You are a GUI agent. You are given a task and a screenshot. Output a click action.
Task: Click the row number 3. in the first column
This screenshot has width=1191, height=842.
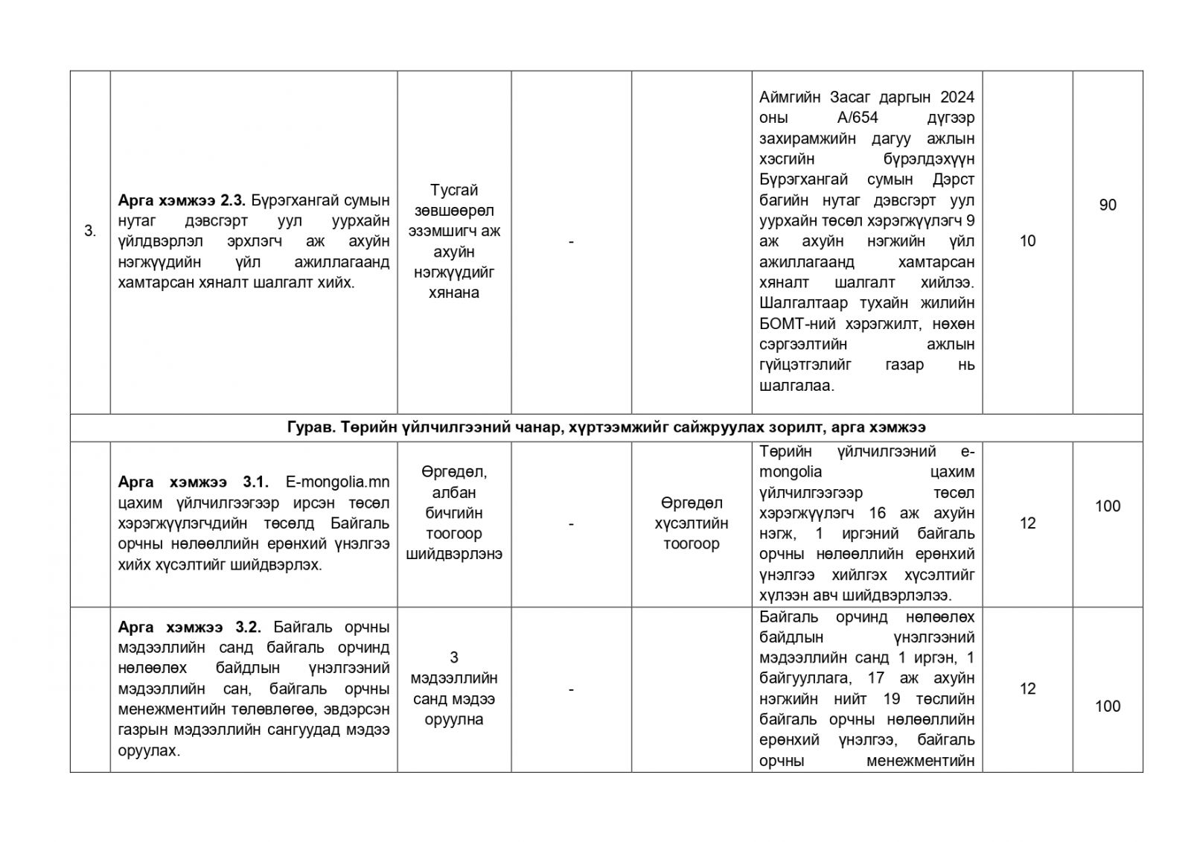point(90,232)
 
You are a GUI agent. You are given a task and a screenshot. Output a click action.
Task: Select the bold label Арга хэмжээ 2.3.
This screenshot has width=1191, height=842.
point(182,200)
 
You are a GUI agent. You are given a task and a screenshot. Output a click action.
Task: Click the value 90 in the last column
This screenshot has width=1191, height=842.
point(1107,205)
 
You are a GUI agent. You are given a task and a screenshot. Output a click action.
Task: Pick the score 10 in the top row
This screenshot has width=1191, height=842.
point(1027,241)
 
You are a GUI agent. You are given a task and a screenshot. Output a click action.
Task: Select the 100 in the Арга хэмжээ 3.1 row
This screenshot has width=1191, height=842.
point(1107,506)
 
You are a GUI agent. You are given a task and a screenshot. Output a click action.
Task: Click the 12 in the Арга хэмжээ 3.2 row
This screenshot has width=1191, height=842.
point(1027,689)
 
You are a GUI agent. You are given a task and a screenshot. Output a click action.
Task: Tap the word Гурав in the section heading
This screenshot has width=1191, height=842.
point(307,427)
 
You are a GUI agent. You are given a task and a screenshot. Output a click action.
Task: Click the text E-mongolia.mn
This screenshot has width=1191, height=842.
point(338,482)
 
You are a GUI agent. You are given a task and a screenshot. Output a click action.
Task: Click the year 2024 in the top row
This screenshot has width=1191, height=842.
point(957,98)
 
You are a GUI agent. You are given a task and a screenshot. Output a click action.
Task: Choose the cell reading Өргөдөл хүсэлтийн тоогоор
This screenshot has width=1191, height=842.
point(691,523)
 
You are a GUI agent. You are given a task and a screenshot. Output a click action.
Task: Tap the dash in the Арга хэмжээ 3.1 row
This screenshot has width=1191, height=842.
point(571,524)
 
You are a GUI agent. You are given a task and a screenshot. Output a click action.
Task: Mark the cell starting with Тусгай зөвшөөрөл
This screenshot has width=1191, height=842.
point(454,241)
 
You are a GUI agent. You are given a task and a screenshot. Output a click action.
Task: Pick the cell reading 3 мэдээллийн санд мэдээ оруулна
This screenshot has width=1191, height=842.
point(454,689)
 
